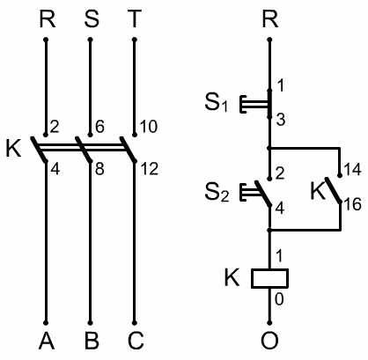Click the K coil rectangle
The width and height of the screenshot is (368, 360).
269,278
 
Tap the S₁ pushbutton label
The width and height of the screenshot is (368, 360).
217,103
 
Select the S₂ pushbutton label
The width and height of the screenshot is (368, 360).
217,193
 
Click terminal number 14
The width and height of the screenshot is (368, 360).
352,170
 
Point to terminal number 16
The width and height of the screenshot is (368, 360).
352,204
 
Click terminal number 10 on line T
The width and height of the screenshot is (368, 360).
148,127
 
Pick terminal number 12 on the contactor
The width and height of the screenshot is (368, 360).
150,169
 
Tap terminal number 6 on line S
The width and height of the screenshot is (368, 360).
99,127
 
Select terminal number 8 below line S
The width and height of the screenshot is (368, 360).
99,169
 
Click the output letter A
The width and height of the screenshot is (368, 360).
47,341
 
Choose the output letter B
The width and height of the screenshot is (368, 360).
92,341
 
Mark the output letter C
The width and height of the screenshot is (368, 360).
136,341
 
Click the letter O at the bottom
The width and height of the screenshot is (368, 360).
269,341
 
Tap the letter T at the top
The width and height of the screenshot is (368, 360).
135,19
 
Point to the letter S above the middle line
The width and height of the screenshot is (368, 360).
92,19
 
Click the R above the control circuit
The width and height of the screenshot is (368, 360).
270,19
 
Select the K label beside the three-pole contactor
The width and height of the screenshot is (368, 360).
14,149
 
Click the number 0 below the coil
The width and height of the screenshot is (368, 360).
279,299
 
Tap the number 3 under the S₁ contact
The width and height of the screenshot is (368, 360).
281,120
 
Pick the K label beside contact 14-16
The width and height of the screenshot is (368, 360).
318,191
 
